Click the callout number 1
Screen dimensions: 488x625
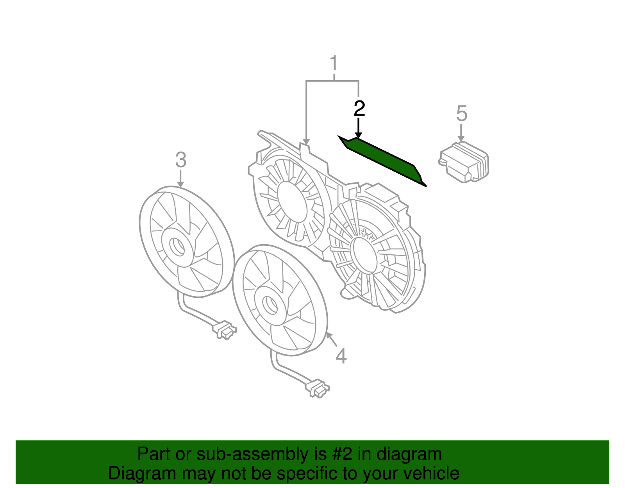point(334,63)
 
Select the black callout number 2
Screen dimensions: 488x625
point(359,108)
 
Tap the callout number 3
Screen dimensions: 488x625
point(180,160)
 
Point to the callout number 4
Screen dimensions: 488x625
point(341,356)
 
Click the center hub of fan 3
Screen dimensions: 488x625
point(178,246)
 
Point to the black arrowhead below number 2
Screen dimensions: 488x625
point(358,135)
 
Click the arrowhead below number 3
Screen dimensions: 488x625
point(180,184)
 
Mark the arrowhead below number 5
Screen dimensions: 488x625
point(461,139)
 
